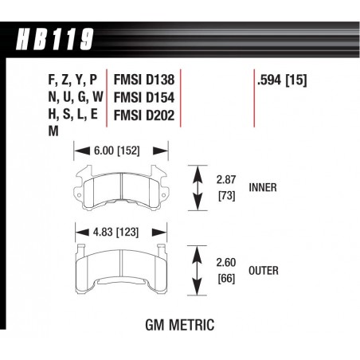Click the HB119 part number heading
pos(55,39)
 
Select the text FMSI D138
pos(144,80)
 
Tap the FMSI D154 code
pos(144,97)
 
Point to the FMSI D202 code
pos(144,115)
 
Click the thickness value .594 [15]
pos(282,80)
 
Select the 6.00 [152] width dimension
pos(116,151)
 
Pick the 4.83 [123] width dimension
pos(115,233)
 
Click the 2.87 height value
pos(226,180)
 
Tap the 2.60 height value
pos(226,262)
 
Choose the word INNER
pos(263,187)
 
